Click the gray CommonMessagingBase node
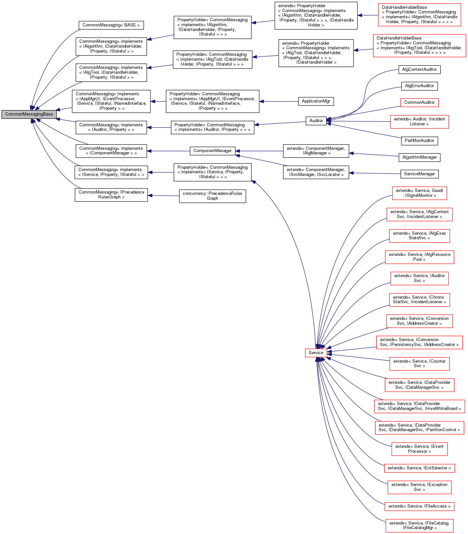[x=29, y=114]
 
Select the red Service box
[x=316, y=353]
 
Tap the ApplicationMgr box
[x=316, y=101]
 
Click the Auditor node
[x=316, y=121]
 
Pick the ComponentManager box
[x=212, y=151]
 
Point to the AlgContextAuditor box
[x=419, y=70]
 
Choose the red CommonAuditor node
[x=419, y=102]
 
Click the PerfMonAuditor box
[x=419, y=141]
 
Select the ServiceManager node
[x=419, y=174]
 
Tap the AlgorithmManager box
[x=419, y=157]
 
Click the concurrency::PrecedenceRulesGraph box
[x=212, y=196]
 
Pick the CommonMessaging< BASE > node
[x=111, y=25]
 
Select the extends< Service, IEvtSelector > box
[x=419, y=468]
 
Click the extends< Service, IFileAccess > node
[x=419, y=506]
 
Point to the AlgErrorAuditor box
[x=419, y=86]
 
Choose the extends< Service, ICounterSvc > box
[x=419, y=364]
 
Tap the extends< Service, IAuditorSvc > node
[x=419, y=278]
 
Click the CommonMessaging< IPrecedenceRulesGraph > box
[x=111, y=195]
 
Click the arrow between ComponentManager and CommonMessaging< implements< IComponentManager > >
[x=168, y=151]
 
